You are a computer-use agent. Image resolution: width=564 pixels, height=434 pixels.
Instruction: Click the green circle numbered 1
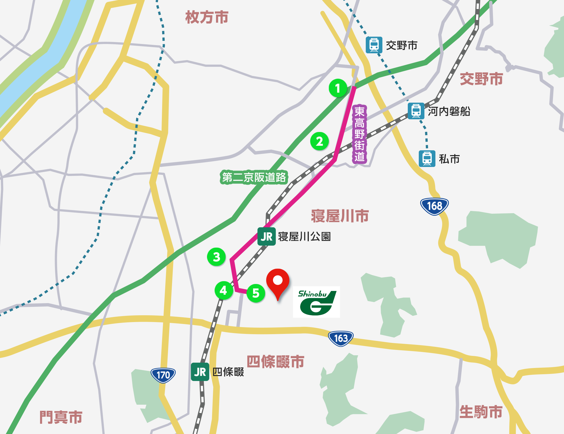(x=338, y=88)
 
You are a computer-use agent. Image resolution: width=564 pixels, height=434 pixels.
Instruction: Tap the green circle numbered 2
(x=320, y=141)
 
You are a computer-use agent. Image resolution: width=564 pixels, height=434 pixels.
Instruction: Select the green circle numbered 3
(x=216, y=257)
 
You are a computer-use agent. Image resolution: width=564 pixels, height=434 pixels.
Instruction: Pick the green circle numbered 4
(x=224, y=290)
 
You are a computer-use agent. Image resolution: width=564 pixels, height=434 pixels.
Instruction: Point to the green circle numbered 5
(x=256, y=293)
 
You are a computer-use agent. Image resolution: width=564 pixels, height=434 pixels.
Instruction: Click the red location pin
(x=278, y=282)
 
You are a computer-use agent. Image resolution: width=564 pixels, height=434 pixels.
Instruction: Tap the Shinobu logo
(x=316, y=302)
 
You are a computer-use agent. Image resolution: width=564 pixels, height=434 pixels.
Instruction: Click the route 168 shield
(x=434, y=206)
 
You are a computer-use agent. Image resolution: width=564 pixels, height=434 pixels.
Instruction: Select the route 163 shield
(x=341, y=338)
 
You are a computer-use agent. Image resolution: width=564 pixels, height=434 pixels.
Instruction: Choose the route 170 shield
(x=163, y=375)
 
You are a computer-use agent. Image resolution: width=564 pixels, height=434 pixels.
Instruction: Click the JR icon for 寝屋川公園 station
(x=266, y=237)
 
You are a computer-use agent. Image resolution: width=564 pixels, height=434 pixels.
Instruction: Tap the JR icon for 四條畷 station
(x=200, y=372)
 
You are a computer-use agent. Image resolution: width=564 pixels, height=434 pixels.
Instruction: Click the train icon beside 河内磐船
(x=416, y=111)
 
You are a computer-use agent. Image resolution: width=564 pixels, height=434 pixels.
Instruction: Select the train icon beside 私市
(x=427, y=159)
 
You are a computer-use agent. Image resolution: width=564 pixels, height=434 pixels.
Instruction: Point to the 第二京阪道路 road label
(x=254, y=177)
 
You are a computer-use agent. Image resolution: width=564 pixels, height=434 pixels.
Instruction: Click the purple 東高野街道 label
(x=359, y=134)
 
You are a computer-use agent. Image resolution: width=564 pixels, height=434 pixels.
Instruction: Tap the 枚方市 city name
(x=207, y=17)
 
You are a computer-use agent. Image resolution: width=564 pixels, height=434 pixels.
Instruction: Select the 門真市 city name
(x=61, y=417)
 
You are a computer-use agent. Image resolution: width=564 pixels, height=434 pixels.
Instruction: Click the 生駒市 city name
(x=481, y=412)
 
